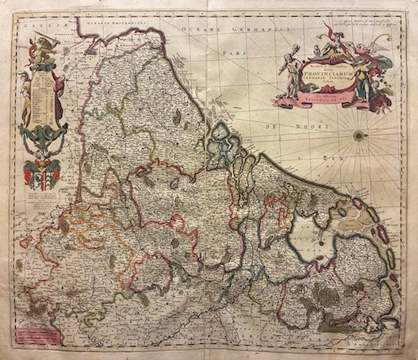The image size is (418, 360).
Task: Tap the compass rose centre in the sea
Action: (359, 136)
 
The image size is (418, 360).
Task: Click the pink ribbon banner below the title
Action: (317, 101)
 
